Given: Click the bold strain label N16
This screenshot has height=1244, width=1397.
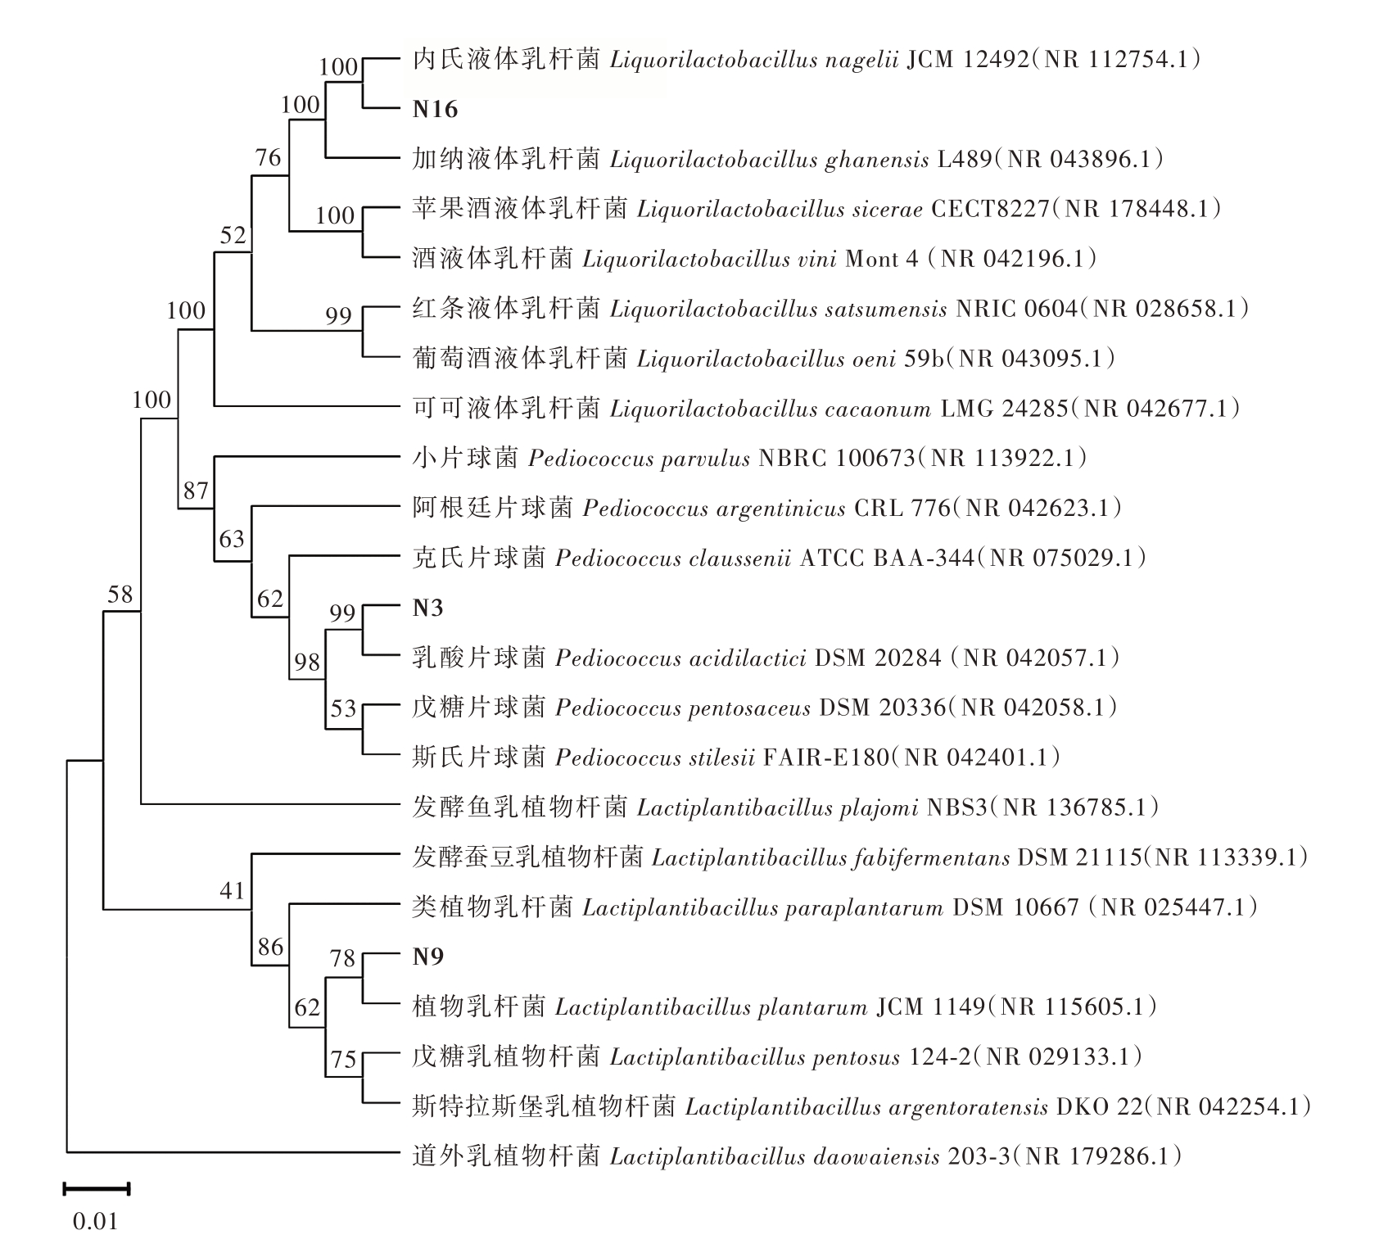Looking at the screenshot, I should tap(435, 110).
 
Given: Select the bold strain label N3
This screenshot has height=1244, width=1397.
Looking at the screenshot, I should tap(427, 608).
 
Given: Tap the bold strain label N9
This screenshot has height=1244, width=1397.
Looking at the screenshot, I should tap(427, 957).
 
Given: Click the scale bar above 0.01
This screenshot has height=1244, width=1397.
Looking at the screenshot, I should tap(97, 1188).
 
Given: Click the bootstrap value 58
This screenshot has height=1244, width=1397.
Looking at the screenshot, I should tap(120, 594).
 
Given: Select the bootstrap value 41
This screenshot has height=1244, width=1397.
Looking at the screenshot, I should tap(233, 890).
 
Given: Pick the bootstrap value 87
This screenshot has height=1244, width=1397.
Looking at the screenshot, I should tap(197, 491).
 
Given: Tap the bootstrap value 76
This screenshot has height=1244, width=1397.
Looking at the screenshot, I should tap(269, 157).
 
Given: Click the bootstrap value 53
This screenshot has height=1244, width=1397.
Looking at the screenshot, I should tap(344, 708).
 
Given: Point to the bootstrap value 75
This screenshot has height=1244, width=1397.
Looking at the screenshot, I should tap(344, 1060).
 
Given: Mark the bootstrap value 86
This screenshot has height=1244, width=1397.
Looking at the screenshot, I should tap(270, 948).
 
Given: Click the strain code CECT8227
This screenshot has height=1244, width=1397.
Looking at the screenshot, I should tap(991, 209).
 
